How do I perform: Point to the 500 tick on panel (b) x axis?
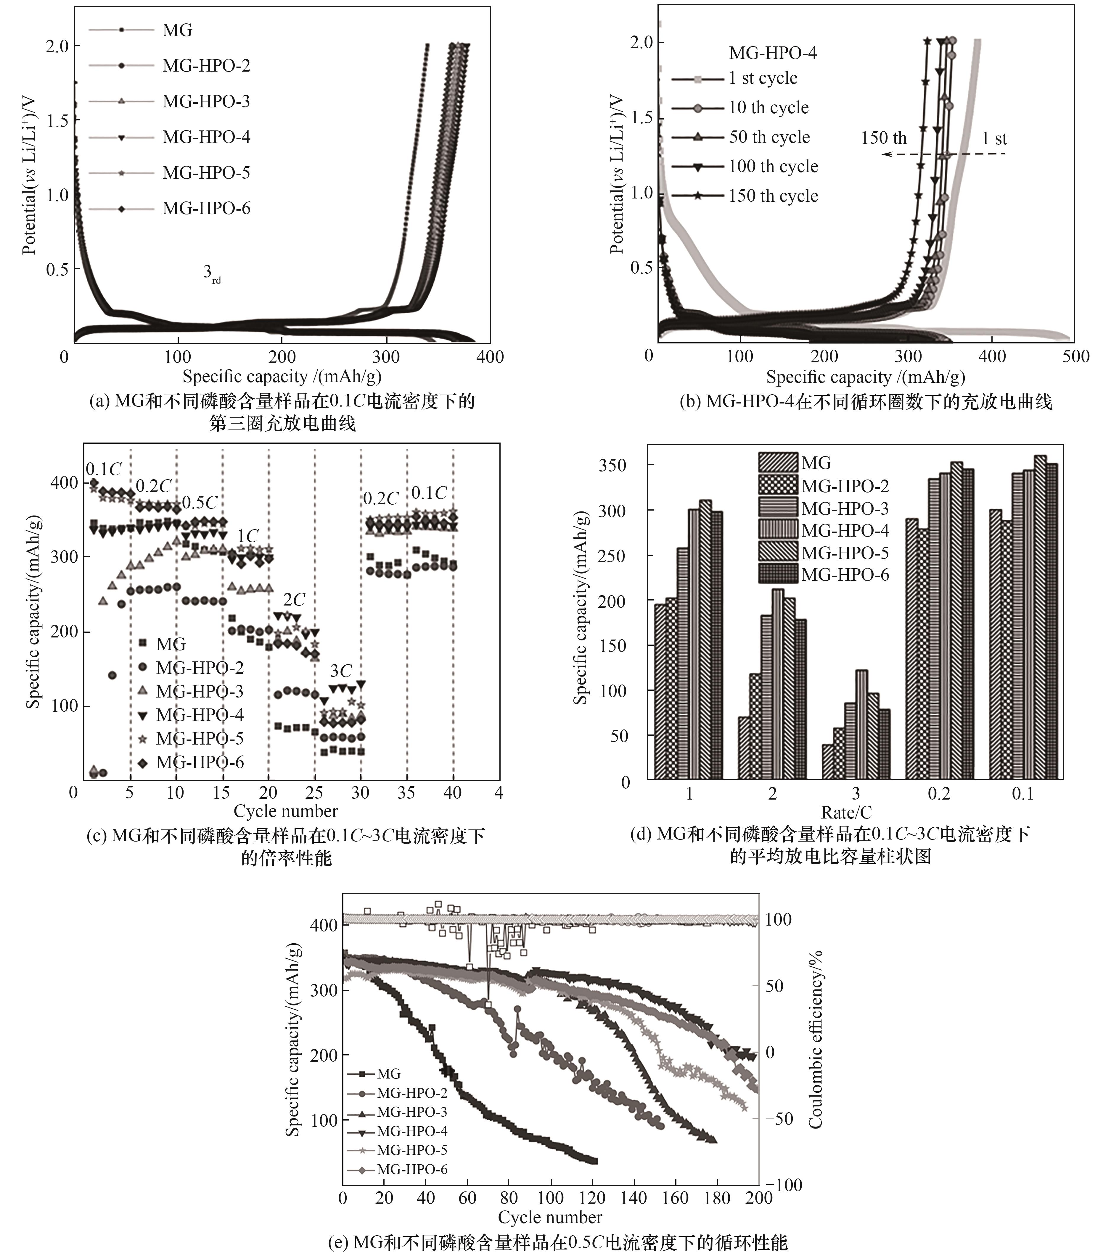pyautogui.click(x=1075, y=356)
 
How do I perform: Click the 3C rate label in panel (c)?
pyautogui.click(x=341, y=670)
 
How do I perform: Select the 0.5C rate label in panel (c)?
pyautogui.click(x=200, y=503)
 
